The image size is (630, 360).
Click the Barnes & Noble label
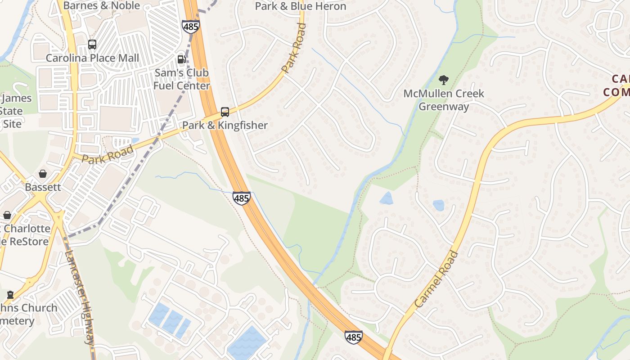click(x=102, y=6)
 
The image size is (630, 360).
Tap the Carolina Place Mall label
click(x=92, y=58)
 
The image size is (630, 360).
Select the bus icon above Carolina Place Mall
click(x=92, y=45)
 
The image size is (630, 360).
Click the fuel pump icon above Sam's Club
click(x=182, y=59)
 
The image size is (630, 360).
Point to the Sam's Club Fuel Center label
click(x=182, y=79)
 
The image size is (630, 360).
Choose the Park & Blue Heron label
click(x=301, y=6)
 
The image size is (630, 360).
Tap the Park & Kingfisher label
click(x=225, y=125)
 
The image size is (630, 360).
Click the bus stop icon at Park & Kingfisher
click(x=225, y=112)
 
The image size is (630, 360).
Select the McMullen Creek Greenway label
click(x=444, y=100)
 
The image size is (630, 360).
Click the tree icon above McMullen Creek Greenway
click(x=444, y=81)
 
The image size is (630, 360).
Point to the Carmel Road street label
click(x=436, y=279)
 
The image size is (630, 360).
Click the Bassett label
click(x=43, y=187)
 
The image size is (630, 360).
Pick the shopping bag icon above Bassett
click(x=43, y=174)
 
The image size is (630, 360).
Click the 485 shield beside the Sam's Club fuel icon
click(x=191, y=26)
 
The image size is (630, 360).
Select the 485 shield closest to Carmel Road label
click(x=354, y=337)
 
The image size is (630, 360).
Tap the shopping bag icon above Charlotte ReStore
click(x=7, y=215)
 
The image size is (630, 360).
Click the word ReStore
click(x=29, y=242)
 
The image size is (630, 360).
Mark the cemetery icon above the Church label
click(x=10, y=295)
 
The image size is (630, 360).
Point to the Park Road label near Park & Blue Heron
click(x=294, y=48)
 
